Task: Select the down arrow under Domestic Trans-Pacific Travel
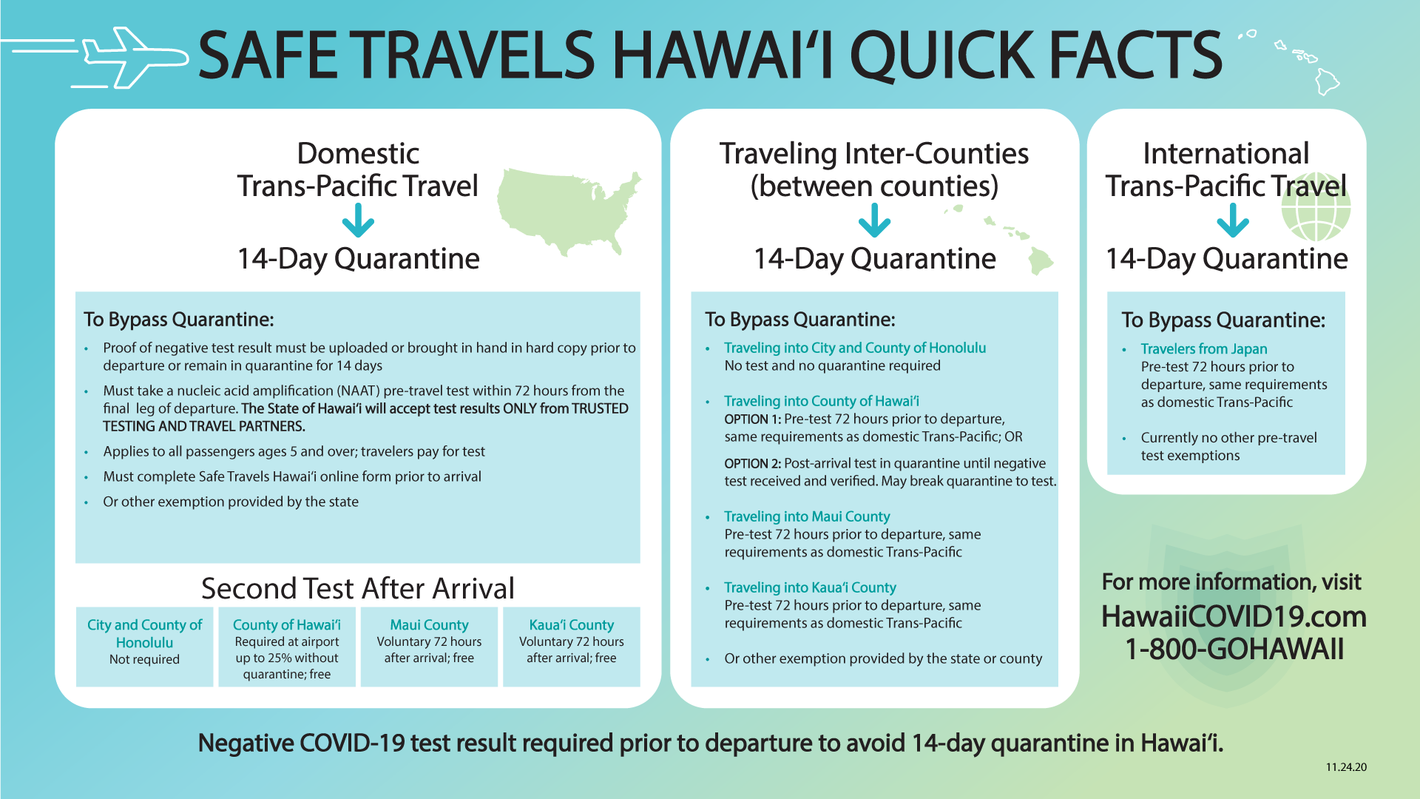click(358, 220)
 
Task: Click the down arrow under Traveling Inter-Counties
click(874, 220)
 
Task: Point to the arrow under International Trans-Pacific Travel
click(1233, 220)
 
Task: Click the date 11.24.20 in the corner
click(1346, 767)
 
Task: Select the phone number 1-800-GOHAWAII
click(1234, 649)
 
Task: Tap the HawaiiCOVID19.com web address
click(1234, 616)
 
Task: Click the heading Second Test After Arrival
click(358, 588)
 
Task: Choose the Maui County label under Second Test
click(429, 625)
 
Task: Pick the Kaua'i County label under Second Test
click(572, 625)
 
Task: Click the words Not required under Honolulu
click(144, 659)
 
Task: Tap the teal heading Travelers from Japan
click(1204, 349)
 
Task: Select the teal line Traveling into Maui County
click(807, 516)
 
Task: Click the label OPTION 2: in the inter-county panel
click(752, 464)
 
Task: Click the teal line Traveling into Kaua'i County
click(810, 587)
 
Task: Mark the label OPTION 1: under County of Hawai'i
click(752, 419)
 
